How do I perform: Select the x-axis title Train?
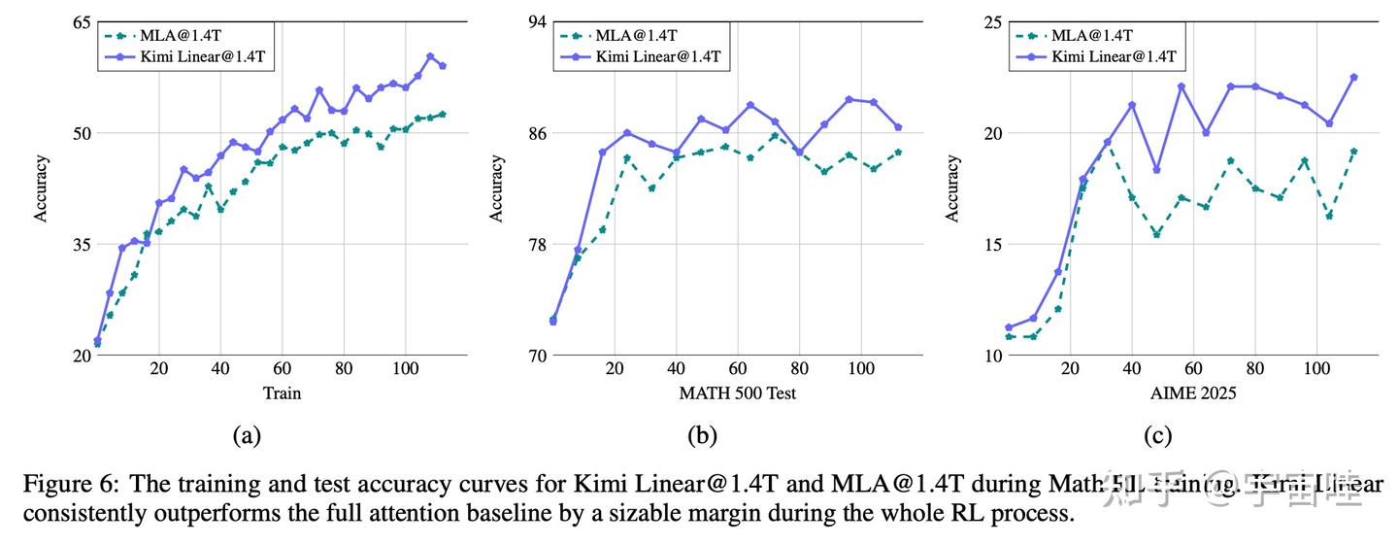(282, 393)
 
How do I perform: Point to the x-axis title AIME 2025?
(1193, 393)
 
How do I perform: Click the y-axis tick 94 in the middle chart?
(537, 21)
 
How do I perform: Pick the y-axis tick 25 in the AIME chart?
(995, 21)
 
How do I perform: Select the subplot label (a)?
(247, 436)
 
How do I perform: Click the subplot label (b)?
(702, 436)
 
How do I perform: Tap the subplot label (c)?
(1158, 436)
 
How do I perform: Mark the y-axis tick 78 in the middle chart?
(537, 244)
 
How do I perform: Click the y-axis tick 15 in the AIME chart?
(995, 244)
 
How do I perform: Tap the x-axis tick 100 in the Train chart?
(405, 370)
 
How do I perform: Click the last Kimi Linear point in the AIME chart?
(1353, 77)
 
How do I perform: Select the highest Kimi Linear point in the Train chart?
(430, 56)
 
